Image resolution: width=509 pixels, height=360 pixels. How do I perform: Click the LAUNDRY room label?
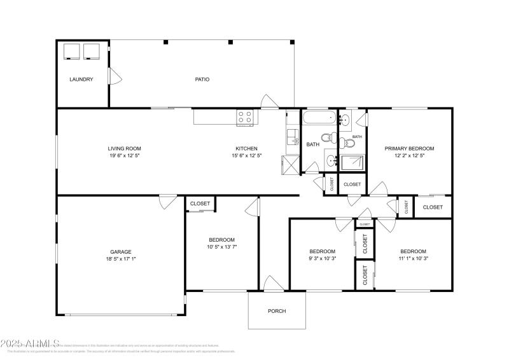[x=81, y=80]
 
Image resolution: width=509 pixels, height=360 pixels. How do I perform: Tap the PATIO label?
[x=202, y=80]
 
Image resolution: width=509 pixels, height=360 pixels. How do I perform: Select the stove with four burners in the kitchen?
[x=245, y=116]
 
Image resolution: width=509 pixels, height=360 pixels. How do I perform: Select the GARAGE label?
[x=120, y=252]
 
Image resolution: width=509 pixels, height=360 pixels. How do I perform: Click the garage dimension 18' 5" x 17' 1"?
[x=120, y=260]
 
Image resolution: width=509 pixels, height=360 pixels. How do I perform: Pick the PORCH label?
[x=277, y=311]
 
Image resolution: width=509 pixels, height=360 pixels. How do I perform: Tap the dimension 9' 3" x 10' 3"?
[x=322, y=258]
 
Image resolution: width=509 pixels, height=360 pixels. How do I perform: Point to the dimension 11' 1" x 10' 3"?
[x=413, y=258]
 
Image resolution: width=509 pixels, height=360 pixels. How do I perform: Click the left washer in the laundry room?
[x=71, y=50]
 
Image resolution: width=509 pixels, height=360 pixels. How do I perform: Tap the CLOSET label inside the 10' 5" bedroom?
[x=200, y=204]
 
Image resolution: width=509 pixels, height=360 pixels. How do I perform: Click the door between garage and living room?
[x=167, y=201]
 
